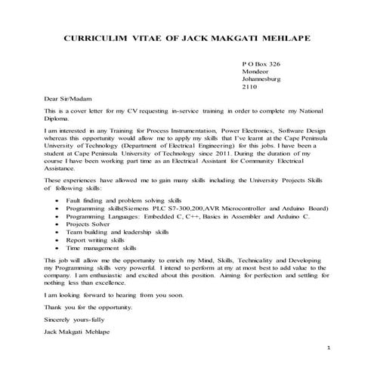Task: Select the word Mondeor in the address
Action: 255,77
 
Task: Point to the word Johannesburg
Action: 264,86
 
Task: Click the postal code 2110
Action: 249,95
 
